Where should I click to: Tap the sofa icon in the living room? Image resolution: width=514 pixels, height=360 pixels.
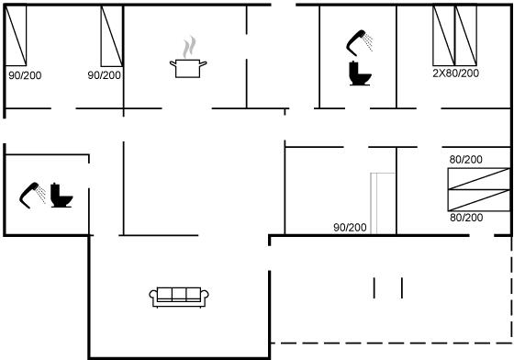pos(179,297)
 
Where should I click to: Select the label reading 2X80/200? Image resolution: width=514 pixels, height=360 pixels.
pos(455,73)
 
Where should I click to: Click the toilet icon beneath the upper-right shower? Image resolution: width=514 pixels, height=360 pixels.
pos(360,73)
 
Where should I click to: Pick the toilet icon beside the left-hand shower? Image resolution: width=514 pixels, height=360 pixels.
pos(61,196)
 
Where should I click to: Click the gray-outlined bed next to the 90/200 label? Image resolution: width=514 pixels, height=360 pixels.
pos(383,203)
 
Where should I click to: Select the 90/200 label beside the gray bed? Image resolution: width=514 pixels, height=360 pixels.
pos(350,227)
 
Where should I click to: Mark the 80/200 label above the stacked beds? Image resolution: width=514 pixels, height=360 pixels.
pos(466,160)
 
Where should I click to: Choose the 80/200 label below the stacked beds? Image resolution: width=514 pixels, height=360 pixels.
pos(466,218)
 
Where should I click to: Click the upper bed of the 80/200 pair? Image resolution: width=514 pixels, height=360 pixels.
pos(479,179)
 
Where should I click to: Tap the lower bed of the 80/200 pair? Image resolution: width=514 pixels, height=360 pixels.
pos(479,200)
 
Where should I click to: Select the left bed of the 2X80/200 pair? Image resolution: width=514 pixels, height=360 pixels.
pos(444,36)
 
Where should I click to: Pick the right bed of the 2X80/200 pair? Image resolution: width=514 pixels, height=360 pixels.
pos(466,36)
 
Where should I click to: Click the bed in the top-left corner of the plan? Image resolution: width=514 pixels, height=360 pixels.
pos(16,36)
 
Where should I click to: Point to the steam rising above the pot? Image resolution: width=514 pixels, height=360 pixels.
pos(189,47)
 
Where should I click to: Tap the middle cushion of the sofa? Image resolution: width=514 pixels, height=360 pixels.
pos(179,294)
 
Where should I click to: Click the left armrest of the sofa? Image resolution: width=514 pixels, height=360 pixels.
pos(153,296)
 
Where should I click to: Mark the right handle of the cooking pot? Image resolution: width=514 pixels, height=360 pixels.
pos(203,63)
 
